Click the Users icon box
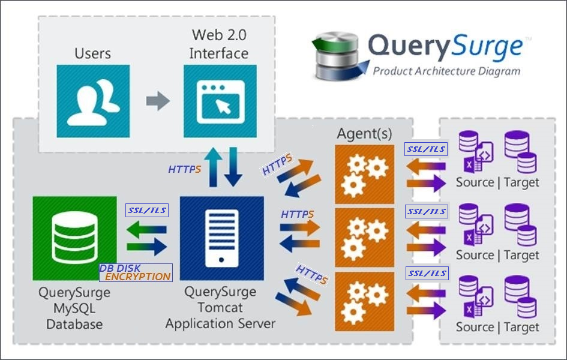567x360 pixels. tap(93, 101)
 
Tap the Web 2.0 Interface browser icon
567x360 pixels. tap(220, 101)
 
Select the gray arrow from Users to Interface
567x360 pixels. tap(158, 101)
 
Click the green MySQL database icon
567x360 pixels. tap(75, 238)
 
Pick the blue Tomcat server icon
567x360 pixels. tap(221, 238)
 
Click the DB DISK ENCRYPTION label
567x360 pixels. tap(136, 272)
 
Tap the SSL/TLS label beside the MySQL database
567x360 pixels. tap(147, 211)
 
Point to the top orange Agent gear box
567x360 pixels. tap(365, 175)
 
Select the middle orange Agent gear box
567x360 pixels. tap(365, 238)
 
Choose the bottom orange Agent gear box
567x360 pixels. tap(365, 301)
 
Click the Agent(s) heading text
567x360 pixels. tap(364, 134)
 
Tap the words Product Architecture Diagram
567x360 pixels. tap(446, 71)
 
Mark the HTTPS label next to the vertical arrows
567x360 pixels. tap(184, 169)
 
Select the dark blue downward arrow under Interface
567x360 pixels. tap(233, 167)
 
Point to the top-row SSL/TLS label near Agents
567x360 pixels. tap(426, 149)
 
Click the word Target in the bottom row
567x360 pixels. tap(521, 328)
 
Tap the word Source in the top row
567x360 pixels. tap(475, 182)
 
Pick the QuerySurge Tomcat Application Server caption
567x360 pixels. tap(221, 308)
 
